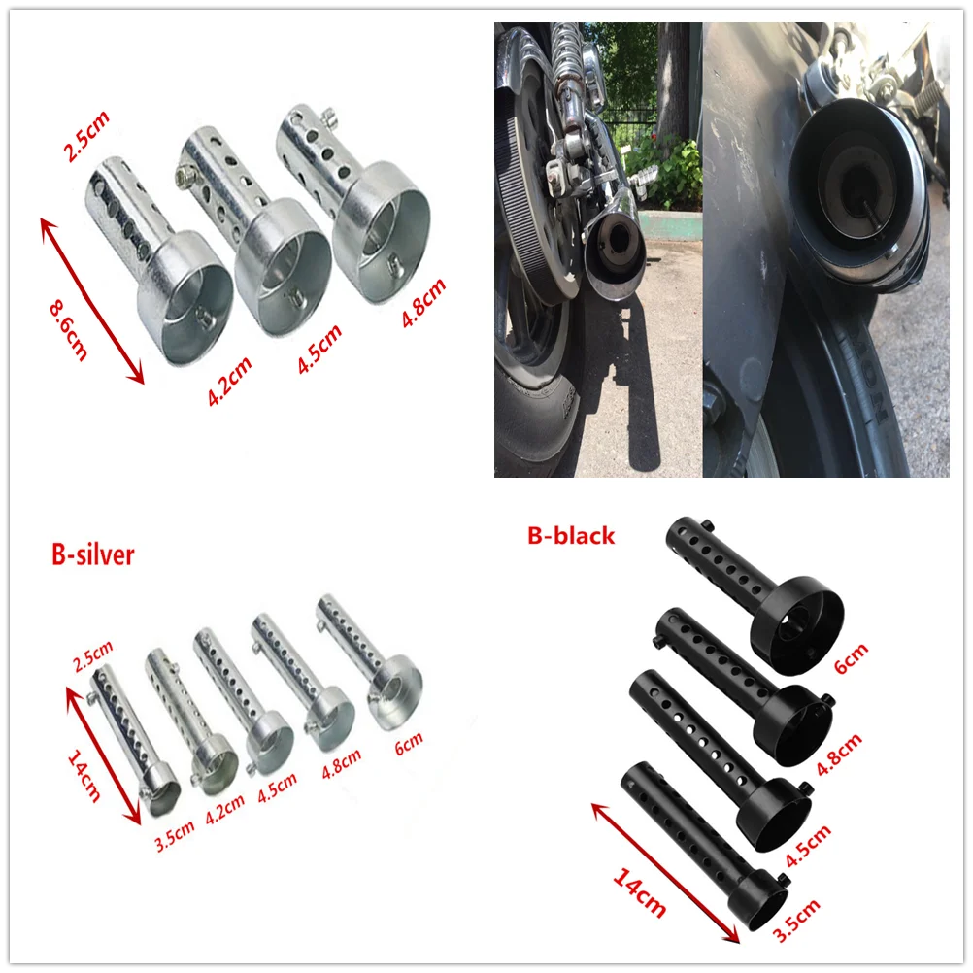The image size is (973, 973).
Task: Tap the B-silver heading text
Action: pos(93,554)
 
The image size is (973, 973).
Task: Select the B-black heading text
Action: pos(571,535)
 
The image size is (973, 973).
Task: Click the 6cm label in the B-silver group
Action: pos(410,743)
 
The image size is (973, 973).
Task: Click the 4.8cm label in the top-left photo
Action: pos(423,304)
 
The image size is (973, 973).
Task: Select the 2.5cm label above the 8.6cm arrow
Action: pos(86,137)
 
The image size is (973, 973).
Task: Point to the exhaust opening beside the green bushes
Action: pos(614,252)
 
